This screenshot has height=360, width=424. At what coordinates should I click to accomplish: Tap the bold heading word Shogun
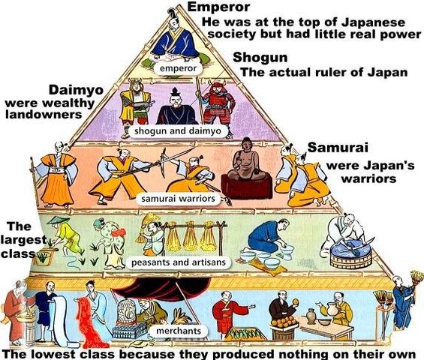[x=258, y=58]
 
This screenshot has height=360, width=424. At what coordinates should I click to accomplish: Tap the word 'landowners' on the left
[x=42, y=115]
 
